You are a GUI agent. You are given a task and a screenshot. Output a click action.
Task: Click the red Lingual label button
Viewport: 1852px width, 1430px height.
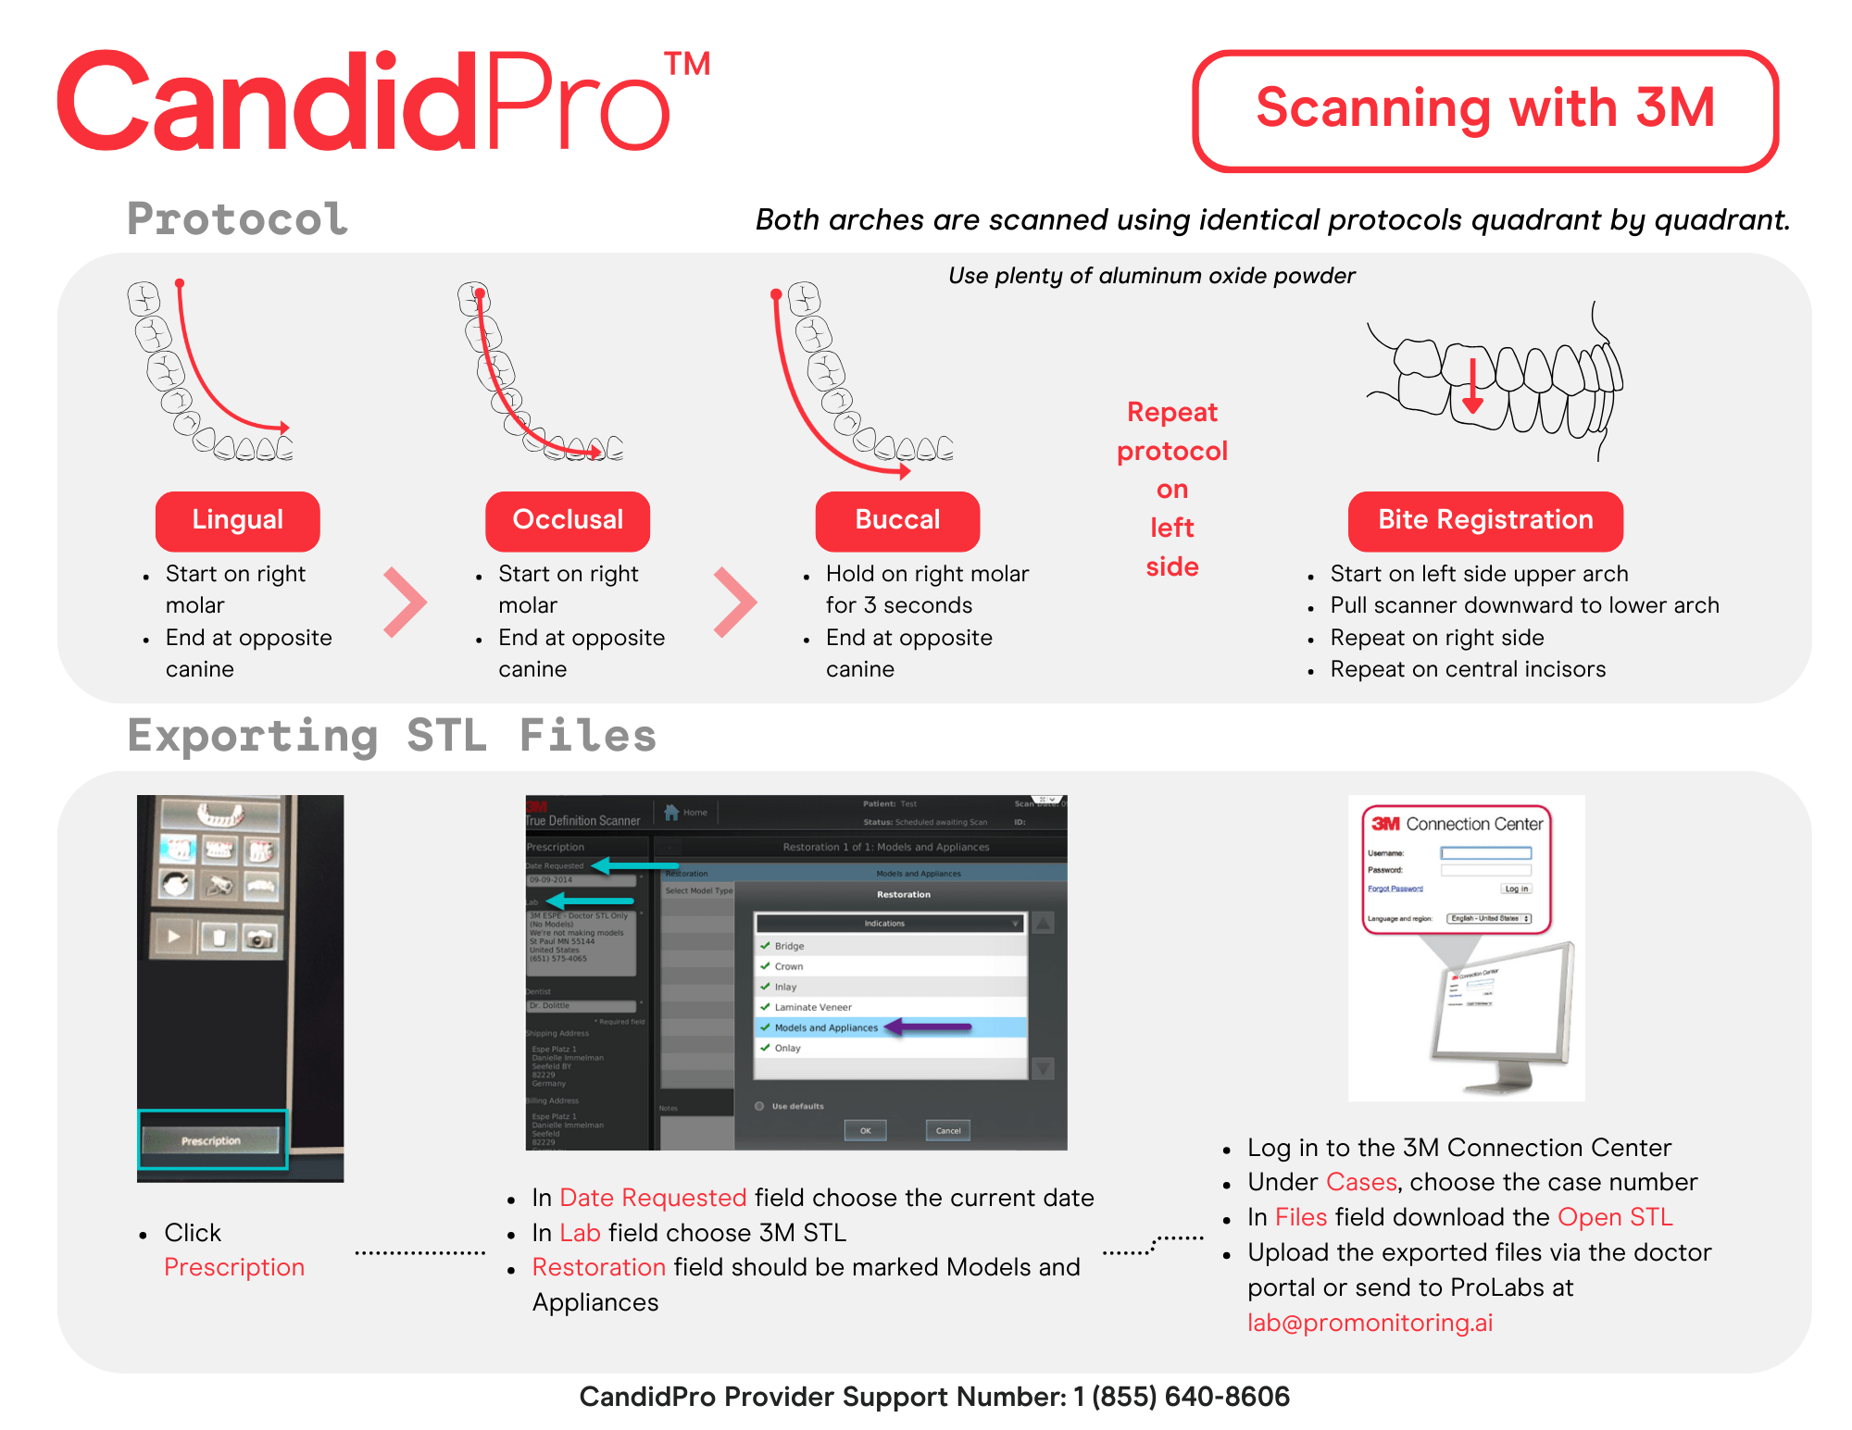coord(237,520)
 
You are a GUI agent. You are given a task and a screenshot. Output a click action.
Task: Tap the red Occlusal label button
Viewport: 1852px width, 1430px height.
coord(568,520)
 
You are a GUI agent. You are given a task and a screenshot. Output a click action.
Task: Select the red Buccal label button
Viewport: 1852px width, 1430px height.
coord(897,520)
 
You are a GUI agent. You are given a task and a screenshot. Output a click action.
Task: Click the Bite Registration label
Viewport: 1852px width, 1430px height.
coord(1485,520)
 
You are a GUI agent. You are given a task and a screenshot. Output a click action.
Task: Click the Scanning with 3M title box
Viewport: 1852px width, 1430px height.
coord(1485,109)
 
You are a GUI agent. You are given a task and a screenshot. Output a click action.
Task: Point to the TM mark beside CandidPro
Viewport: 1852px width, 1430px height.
coord(687,65)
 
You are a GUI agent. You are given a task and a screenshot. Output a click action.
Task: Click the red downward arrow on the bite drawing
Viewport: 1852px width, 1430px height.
coord(1473,389)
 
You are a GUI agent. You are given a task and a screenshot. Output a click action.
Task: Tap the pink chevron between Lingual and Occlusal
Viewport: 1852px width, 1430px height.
coord(405,603)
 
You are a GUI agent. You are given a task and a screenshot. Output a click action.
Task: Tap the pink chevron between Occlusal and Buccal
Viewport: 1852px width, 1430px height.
coord(735,603)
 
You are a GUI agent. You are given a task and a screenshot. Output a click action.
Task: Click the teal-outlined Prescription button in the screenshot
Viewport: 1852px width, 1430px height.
coord(212,1140)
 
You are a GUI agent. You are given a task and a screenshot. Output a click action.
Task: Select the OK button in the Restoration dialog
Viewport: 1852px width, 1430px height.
coord(865,1130)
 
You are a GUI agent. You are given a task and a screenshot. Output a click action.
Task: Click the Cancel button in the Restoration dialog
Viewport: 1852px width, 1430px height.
coord(948,1130)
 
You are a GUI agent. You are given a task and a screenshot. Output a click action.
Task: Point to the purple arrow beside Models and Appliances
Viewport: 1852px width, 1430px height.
coord(929,1026)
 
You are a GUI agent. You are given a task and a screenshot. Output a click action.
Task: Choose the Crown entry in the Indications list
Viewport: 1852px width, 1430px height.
coord(789,966)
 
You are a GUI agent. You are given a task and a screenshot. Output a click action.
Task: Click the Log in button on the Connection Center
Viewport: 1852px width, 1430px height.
coord(1516,889)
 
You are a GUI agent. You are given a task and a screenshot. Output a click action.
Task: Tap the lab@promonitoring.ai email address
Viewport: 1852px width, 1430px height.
coord(1370,1323)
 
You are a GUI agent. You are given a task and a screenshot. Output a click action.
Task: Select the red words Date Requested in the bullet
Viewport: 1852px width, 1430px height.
coord(653,1198)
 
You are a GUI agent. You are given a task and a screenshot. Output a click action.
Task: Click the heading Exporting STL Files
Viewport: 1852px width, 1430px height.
coord(392,737)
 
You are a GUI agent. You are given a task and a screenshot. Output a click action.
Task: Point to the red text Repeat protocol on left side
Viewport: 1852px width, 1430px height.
coord(1172,489)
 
